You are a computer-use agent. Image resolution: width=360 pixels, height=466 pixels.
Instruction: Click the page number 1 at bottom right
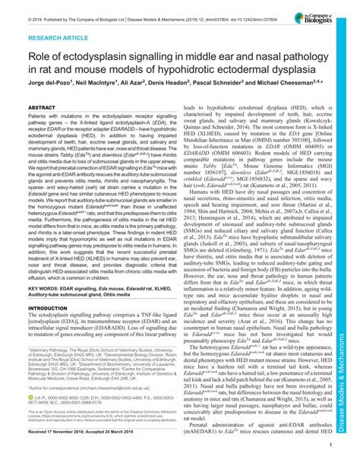click(335, 449)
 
